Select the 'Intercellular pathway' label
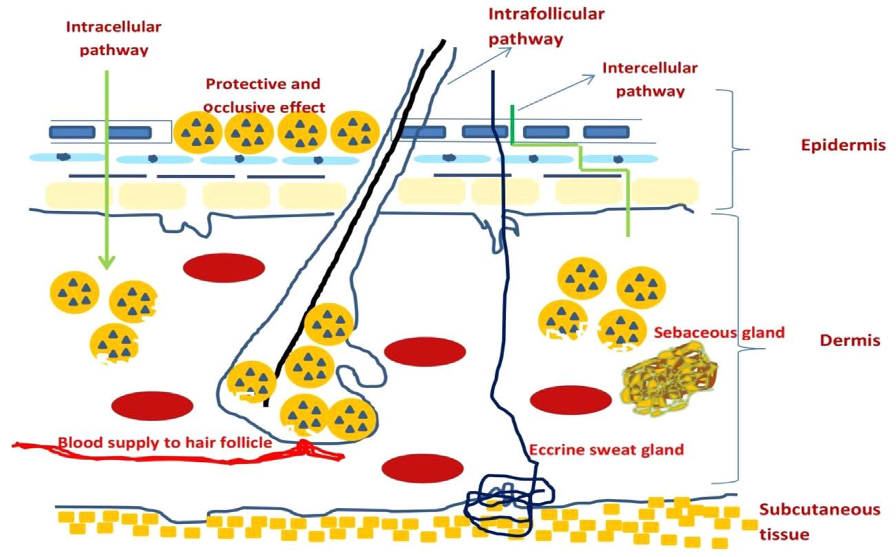(x=649, y=79)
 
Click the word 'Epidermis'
(x=842, y=145)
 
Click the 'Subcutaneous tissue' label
(x=819, y=521)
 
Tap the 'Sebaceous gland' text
(x=719, y=332)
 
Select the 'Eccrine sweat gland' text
(x=606, y=450)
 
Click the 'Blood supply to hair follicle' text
(x=165, y=442)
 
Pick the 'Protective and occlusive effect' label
(x=264, y=95)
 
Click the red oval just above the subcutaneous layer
(x=421, y=468)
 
